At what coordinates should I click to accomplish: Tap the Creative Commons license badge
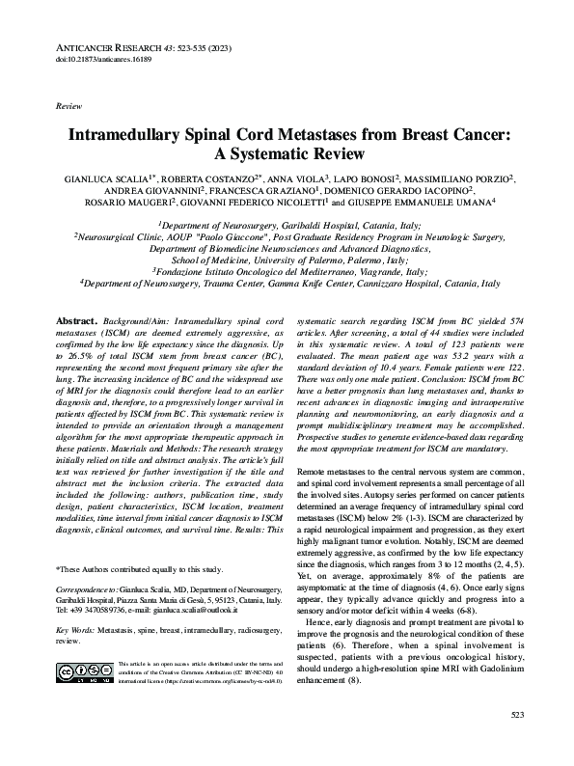pyautogui.click(x=84, y=670)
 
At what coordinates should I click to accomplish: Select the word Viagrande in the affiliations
pyautogui.click(x=396, y=272)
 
